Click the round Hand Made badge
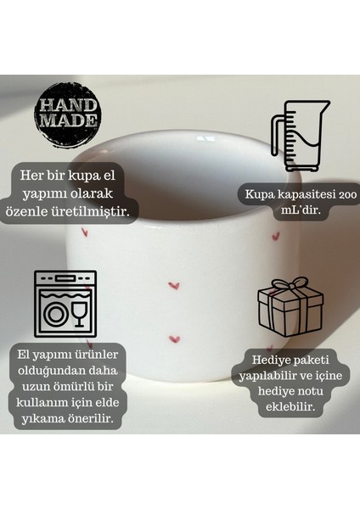pos(67,115)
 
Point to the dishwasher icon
pos(65,304)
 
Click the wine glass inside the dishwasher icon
pos(80,313)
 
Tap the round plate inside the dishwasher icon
pos(57,315)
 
